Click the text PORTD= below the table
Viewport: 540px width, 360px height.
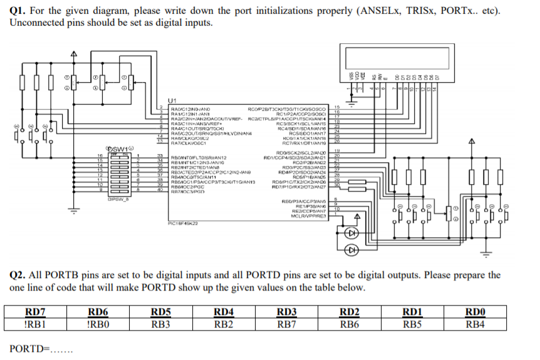(28, 348)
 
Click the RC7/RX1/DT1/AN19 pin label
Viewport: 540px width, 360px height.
(305, 143)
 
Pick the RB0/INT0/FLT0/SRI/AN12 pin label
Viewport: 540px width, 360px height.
(199, 157)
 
